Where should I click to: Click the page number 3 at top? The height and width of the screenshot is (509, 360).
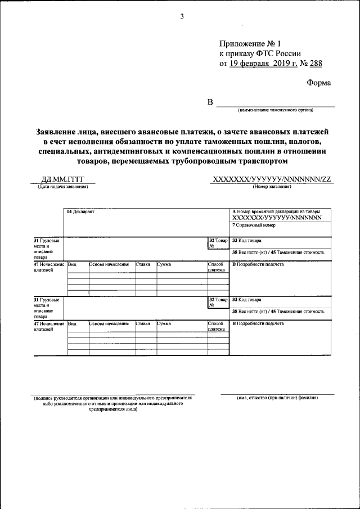[182, 16]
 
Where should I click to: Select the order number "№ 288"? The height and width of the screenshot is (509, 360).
[312, 64]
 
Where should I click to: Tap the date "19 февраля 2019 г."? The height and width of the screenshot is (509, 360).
[264, 64]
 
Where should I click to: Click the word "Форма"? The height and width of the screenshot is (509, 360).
[319, 83]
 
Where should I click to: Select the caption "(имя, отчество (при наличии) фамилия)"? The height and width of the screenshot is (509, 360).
[277, 398]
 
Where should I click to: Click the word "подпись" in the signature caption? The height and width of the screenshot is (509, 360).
[44, 398]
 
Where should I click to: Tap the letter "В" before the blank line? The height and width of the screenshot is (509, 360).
[210, 102]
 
